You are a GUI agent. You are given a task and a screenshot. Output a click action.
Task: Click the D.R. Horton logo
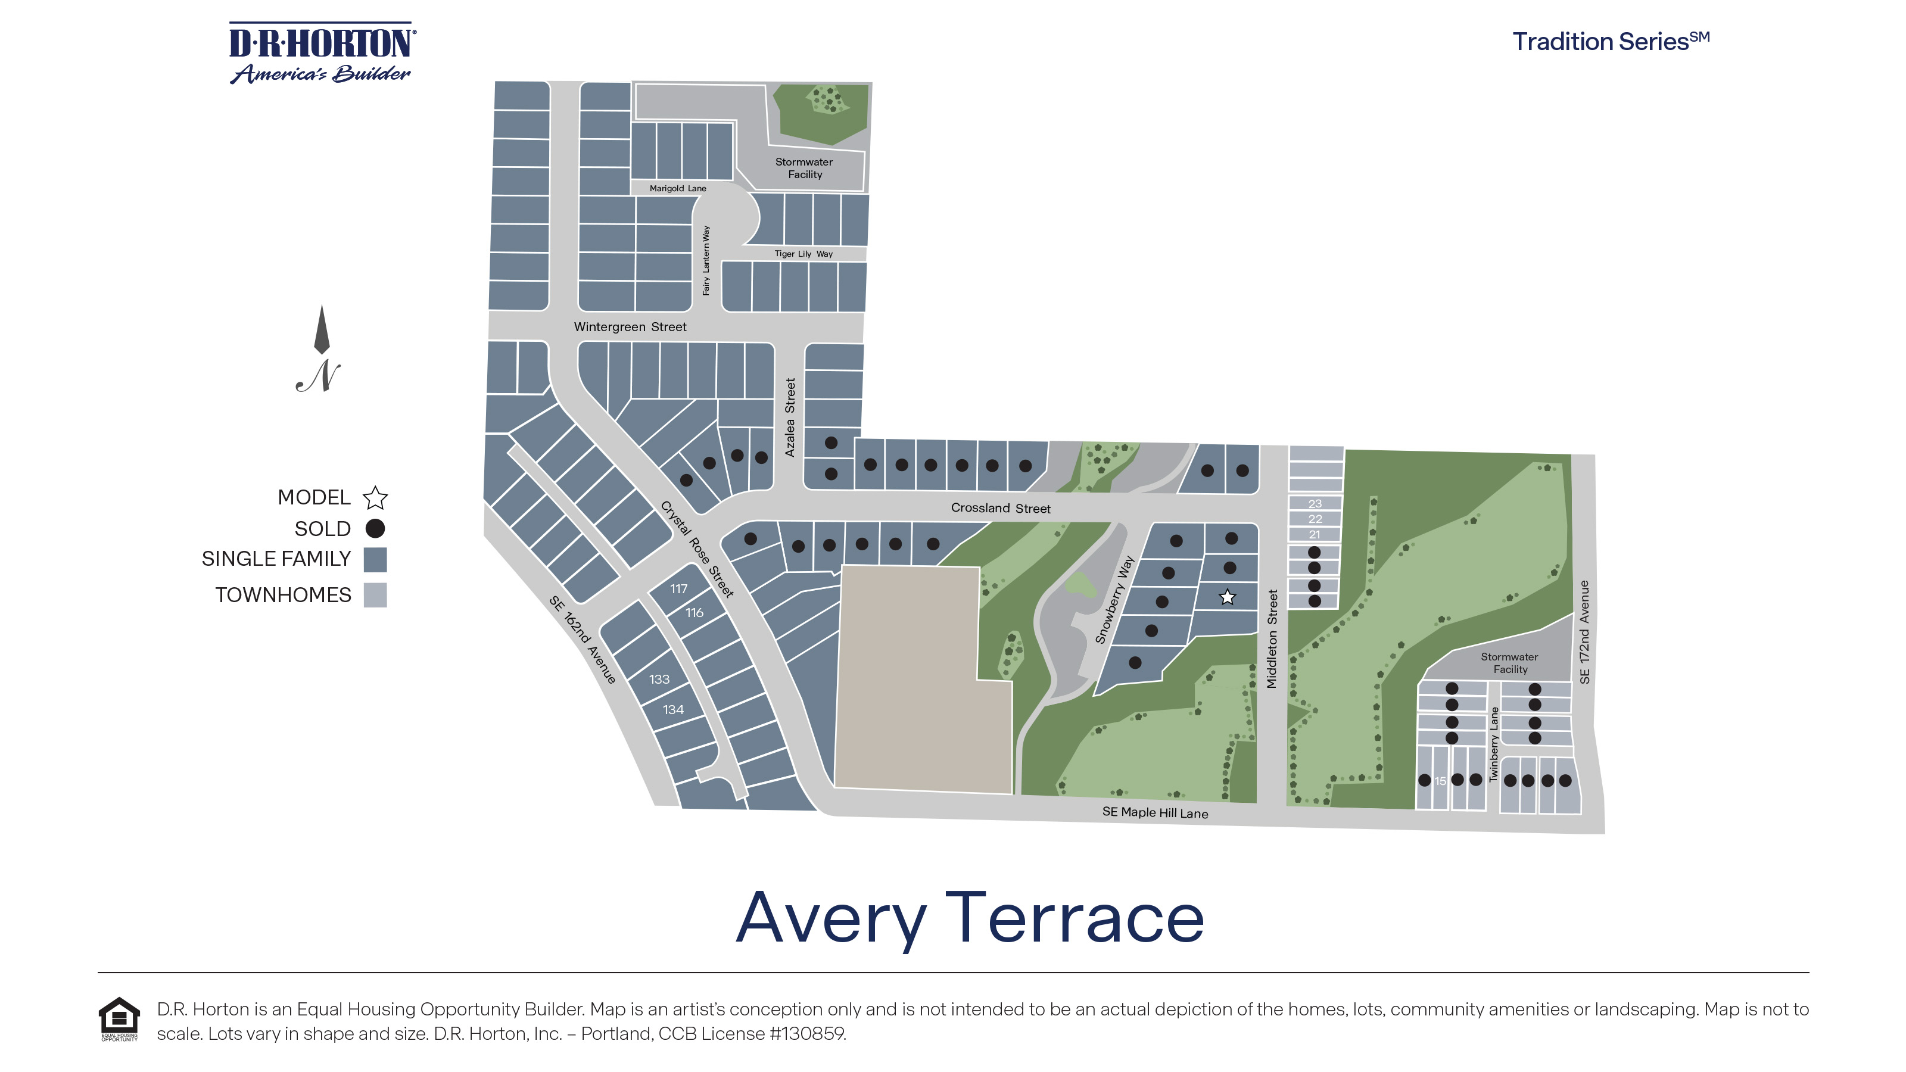[322, 53]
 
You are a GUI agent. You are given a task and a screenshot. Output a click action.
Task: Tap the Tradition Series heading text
[1610, 42]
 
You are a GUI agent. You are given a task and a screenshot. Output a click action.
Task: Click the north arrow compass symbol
[320, 348]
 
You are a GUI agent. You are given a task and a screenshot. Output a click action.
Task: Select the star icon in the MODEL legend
[375, 498]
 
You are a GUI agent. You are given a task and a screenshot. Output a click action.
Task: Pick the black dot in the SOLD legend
[375, 528]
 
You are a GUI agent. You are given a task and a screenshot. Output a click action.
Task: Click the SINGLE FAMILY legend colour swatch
[375, 560]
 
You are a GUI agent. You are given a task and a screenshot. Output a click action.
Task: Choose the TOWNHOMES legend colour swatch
[375, 595]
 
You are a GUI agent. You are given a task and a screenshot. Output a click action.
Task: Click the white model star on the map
[1227, 597]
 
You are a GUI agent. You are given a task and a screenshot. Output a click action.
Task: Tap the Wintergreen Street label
[630, 327]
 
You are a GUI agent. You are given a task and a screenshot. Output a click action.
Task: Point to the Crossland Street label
[1001, 508]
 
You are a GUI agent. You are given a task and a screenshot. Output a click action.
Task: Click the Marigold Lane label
[678, 189]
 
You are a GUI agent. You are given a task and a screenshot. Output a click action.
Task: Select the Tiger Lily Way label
[803, 254]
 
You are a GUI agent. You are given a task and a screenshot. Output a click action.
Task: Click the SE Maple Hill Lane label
[1154, 812]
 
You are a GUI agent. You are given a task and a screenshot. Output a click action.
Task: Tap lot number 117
[678, 589]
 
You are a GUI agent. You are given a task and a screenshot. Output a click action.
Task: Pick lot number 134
[672, 709]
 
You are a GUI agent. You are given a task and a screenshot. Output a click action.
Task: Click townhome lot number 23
[1315, 504]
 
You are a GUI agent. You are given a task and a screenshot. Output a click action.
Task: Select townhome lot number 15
[1440, 781]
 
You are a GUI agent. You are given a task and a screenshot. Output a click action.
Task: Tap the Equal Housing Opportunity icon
[119, 1019]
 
